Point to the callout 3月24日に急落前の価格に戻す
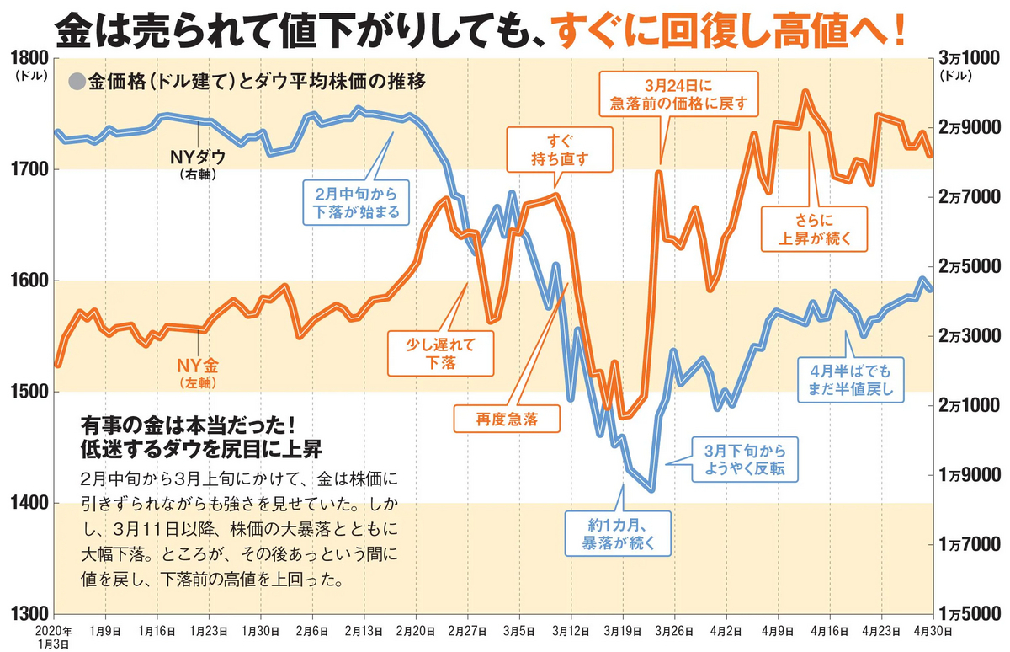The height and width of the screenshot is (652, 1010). point(678,95)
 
